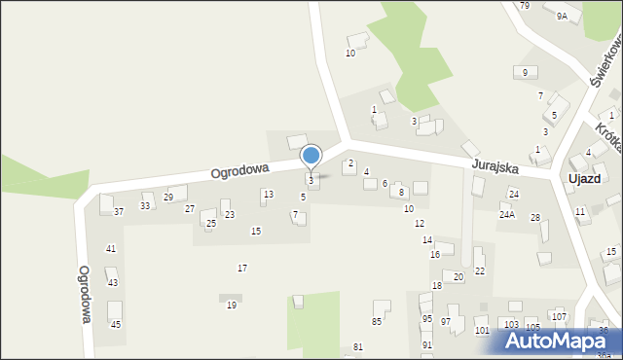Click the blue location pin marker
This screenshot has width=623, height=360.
(x=311, y=156)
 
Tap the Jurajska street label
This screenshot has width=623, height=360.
(x=495, y=166)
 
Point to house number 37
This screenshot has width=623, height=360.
(x=119, y=211)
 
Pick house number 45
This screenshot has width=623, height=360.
(x=116, y=324)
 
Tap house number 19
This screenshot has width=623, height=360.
(x=231, y=305)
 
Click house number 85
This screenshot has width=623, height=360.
(x=377, y=321)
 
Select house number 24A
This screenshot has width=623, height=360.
(x=507, y=214)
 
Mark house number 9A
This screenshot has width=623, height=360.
(x=562, y=17)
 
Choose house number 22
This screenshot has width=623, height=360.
(x=479, y=270)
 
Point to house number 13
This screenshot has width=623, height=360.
(x=268, y=195)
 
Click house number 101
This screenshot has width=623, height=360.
(x=482, y=331)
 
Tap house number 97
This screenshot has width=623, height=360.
(x=446, y=321)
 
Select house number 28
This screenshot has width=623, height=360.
(x=534, y=217)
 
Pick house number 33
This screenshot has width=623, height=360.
(x=145, y=205)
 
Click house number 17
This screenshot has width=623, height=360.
(x=242, y=268)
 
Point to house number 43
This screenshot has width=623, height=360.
(x=113, y=282)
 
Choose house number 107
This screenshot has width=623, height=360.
(x=559, y=316)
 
